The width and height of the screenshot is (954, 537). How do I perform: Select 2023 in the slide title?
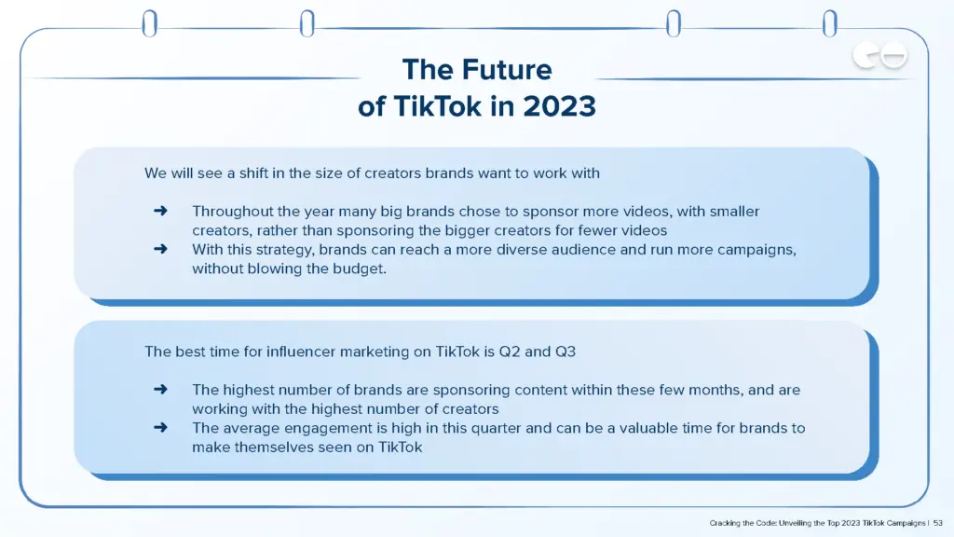coord(559,106)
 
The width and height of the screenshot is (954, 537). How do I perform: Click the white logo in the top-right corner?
coord(879,58)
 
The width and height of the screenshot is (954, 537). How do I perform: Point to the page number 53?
coord(938,523)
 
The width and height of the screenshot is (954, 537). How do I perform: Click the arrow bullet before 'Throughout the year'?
coord(160,212)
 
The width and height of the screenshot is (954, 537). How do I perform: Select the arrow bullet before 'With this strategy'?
coord(160,250)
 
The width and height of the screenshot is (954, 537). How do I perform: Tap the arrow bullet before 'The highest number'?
coord(160,390)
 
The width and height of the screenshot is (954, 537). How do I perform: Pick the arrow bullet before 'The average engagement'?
coord(160,428)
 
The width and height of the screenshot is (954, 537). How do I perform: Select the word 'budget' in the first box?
coord(360,268)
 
